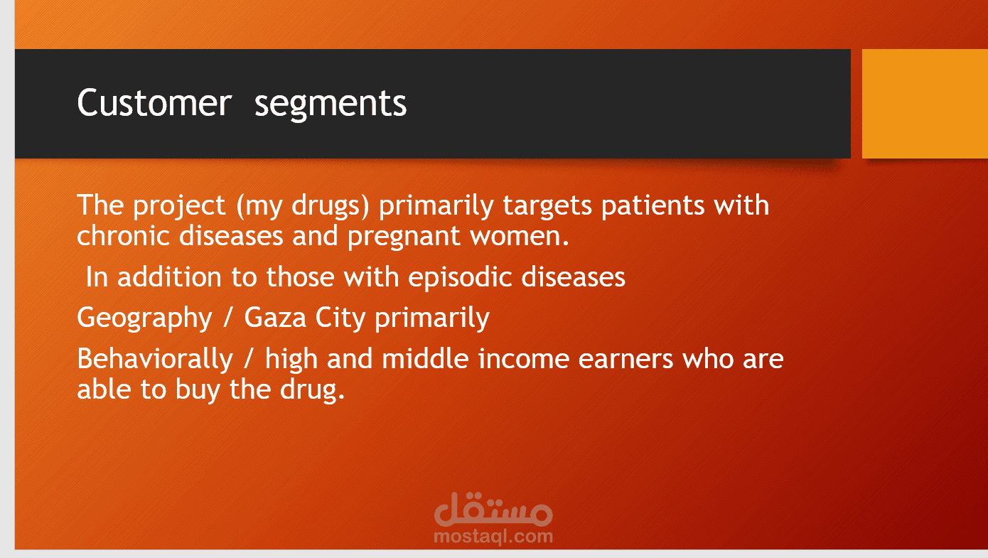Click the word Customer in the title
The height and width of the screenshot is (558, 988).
click(x=154, y=103)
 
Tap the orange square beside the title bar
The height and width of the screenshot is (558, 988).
click(x=925, y=104)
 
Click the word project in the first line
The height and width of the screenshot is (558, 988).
click(x=180, y=206)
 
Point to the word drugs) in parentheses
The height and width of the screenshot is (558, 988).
click(x=331, y=206)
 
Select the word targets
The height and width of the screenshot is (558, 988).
click(x=547, y=206)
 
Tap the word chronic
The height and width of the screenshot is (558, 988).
click(x=123, y=235)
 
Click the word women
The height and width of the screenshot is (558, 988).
click(x=520, y=237)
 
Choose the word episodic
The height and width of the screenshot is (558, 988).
click(x=460, y=278)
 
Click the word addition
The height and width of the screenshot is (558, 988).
click(x=169, y=277)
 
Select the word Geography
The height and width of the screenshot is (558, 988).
click(x=144, y=318)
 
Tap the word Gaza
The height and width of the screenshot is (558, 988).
click(x=275, y=318)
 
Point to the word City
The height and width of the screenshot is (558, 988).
click(x=340, y=318)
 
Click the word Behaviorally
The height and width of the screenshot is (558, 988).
click(x=154, y=360)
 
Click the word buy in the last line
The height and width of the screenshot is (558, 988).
click(x=197, y=390)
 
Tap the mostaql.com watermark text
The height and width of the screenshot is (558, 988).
click(x=493, y=537)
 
